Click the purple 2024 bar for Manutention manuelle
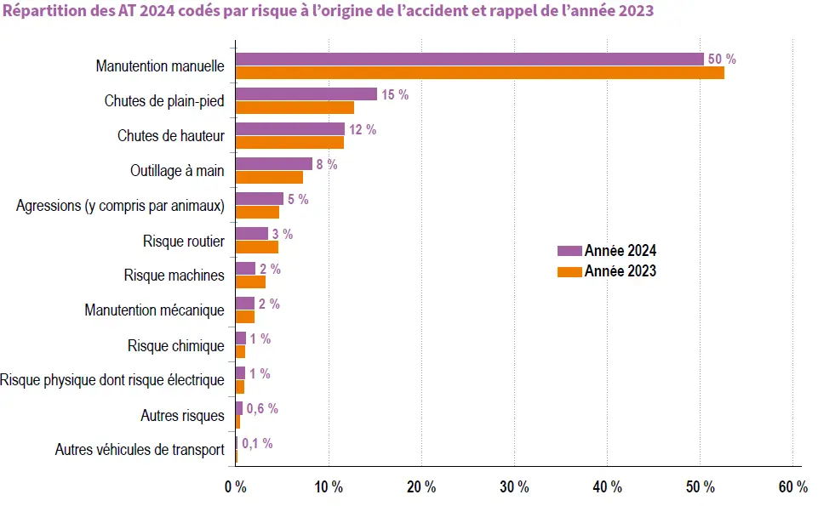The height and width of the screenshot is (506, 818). [469, 60]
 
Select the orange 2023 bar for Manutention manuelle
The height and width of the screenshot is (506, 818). [479, 73]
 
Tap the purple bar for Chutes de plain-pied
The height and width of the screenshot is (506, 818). [306, 94]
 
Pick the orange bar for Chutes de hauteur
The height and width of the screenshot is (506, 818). [289, 143]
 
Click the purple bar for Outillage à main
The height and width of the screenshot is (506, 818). [273, 164]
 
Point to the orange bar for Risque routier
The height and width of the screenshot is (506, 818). [256, 247]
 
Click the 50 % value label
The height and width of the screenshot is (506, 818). [722, 60]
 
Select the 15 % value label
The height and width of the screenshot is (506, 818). [395, 94]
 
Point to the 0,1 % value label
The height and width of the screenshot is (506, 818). [257, 443]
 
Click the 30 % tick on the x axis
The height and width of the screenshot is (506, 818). [514, 487]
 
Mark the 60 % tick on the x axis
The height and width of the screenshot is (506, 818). [792, 487]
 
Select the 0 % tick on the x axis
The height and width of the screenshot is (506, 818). [235, 487]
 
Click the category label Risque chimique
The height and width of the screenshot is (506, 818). [176, 345]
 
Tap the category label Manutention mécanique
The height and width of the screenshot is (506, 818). [154, 310]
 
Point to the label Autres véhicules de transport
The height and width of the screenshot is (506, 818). [140, 450]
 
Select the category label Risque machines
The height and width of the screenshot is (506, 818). [174, 276]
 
